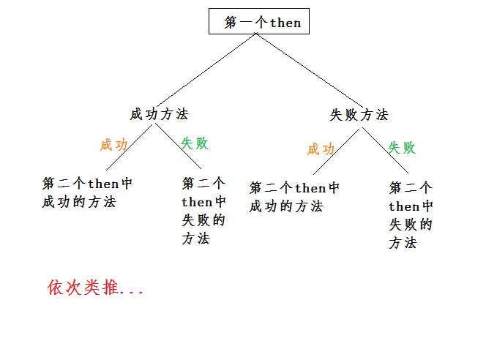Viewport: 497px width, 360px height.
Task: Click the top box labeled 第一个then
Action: point(260,22)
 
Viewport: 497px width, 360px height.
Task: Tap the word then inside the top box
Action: point(285,23)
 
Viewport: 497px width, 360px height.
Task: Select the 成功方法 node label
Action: point(159,114)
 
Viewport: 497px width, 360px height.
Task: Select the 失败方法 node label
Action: point(359,115)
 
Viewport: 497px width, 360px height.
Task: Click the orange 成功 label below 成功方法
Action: point(113,145)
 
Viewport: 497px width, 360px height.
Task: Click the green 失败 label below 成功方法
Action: point(195,143)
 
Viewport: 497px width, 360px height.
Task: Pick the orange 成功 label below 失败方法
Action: point(321,149)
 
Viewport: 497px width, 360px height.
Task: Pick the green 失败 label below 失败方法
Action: point(401,148)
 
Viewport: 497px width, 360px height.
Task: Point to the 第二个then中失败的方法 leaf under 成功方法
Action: point(203,211)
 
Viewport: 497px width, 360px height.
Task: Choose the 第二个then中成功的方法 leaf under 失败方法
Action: point(294,197)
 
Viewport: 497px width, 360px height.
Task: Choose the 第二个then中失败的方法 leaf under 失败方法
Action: point(411,215)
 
